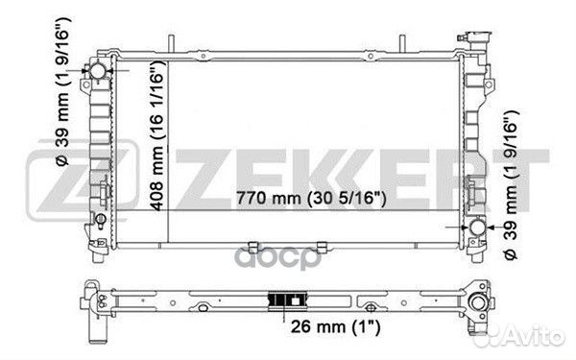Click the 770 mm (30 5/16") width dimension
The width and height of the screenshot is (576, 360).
[x=311, y=199]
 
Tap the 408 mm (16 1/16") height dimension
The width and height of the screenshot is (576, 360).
[x=157, y=136]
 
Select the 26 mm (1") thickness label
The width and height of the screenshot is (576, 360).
[x=335, y=326]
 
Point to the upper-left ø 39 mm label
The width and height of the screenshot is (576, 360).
[x=62, y=91]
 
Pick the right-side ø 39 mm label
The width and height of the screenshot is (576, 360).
[x=511, y=184]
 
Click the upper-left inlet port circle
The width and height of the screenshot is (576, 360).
[x=98, y=70]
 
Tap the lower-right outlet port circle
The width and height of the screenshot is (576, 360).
[x=477, y=227]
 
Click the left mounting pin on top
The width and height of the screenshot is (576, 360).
[x=171, y=43]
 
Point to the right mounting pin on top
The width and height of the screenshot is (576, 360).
[x=402, y=43]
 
